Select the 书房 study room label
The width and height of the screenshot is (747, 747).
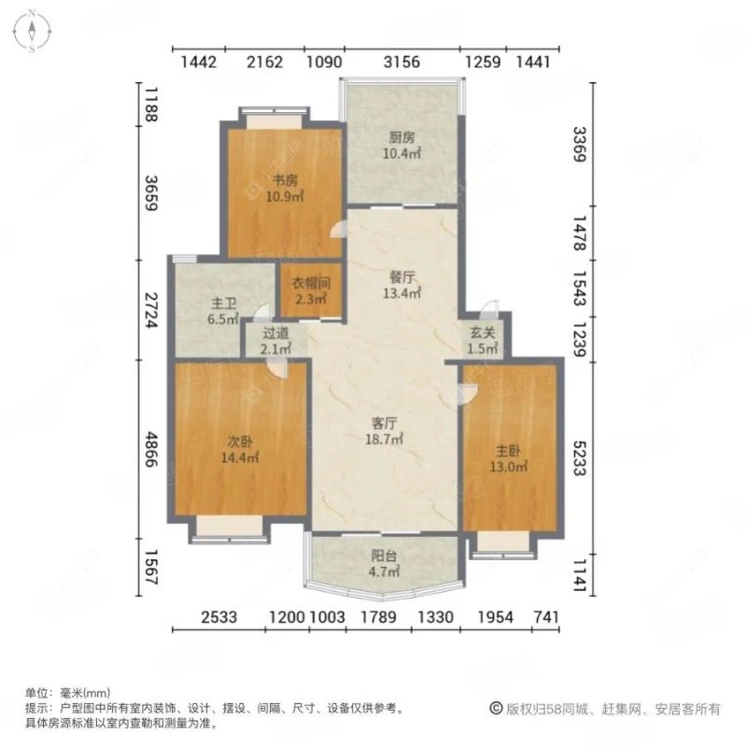(x=285, y=181)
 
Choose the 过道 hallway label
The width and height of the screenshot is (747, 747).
(x=275, y=333)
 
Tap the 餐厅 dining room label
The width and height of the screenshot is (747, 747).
(x=402, y=277)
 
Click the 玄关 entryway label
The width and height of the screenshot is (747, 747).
(x=482, y=333)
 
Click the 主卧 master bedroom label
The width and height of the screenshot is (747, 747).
(x=509, y=450)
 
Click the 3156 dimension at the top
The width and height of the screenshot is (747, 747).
(x=403, y=63)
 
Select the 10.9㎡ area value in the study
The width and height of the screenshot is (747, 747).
(x=285, y=196)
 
